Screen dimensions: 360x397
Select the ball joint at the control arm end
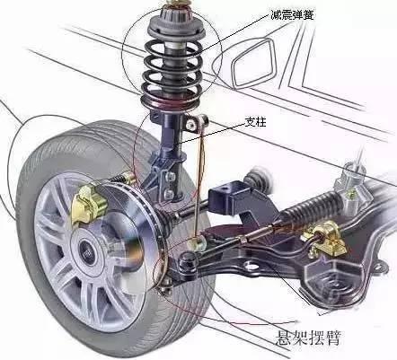click(x=187, y=262)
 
